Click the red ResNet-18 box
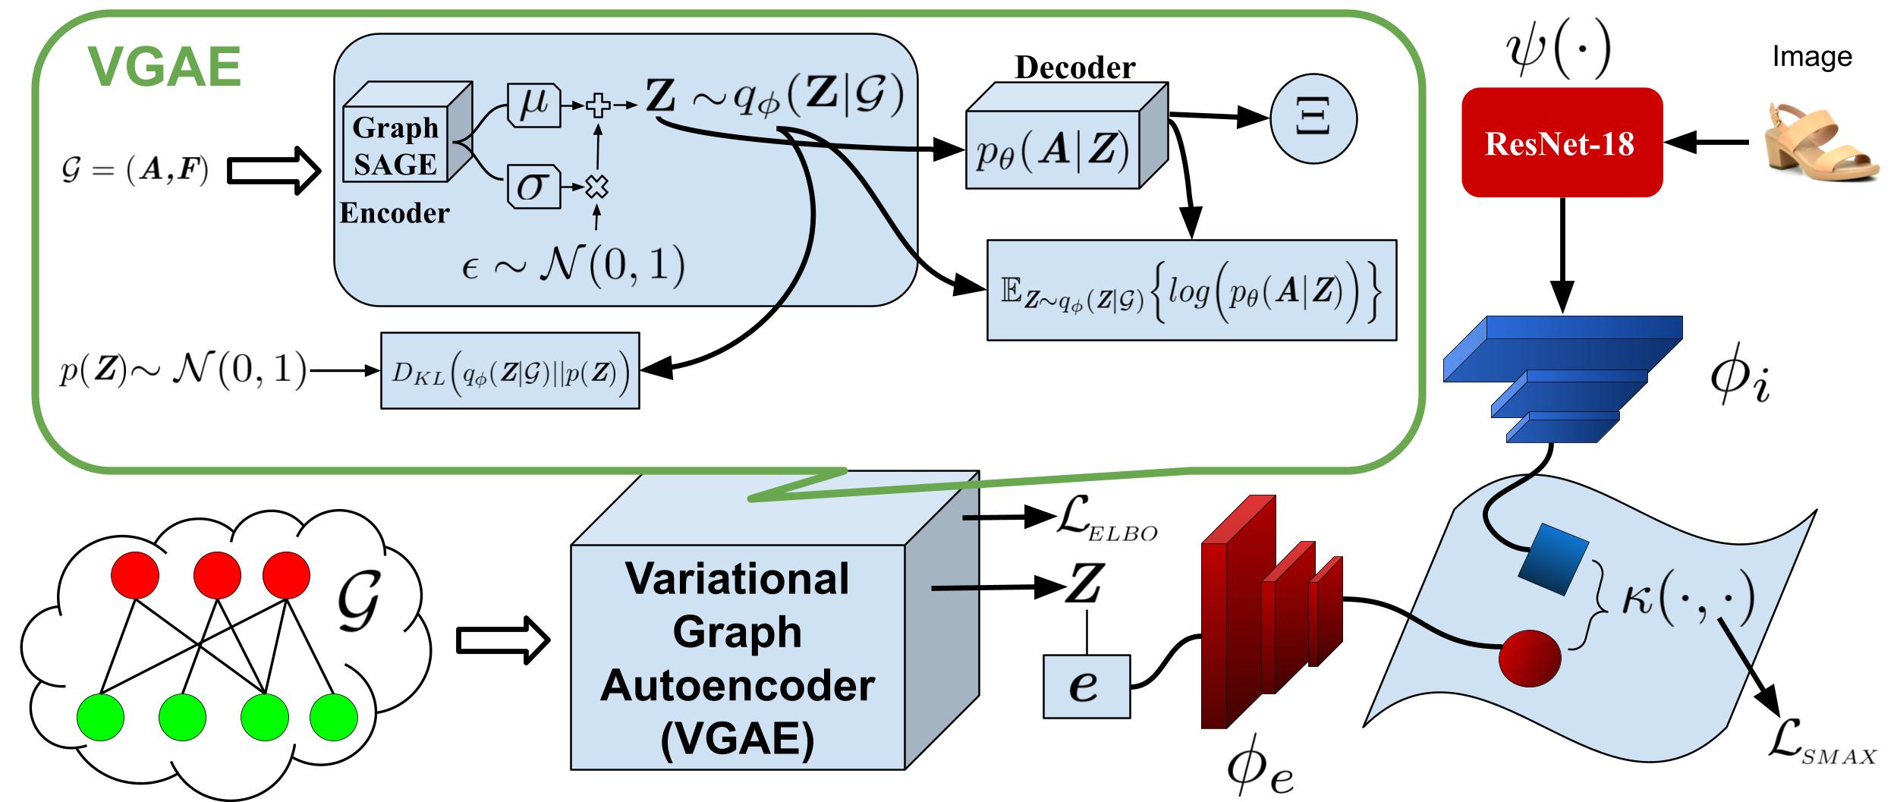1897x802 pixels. coord(1562,143)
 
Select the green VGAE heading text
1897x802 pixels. coord(165,67)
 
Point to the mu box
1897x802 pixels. coord(533,106)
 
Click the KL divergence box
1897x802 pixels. coord(510,371)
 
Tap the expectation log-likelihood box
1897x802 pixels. coord(1191,291)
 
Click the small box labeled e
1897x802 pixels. coord(1086,687)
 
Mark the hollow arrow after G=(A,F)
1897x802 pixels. coord(274,171)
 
